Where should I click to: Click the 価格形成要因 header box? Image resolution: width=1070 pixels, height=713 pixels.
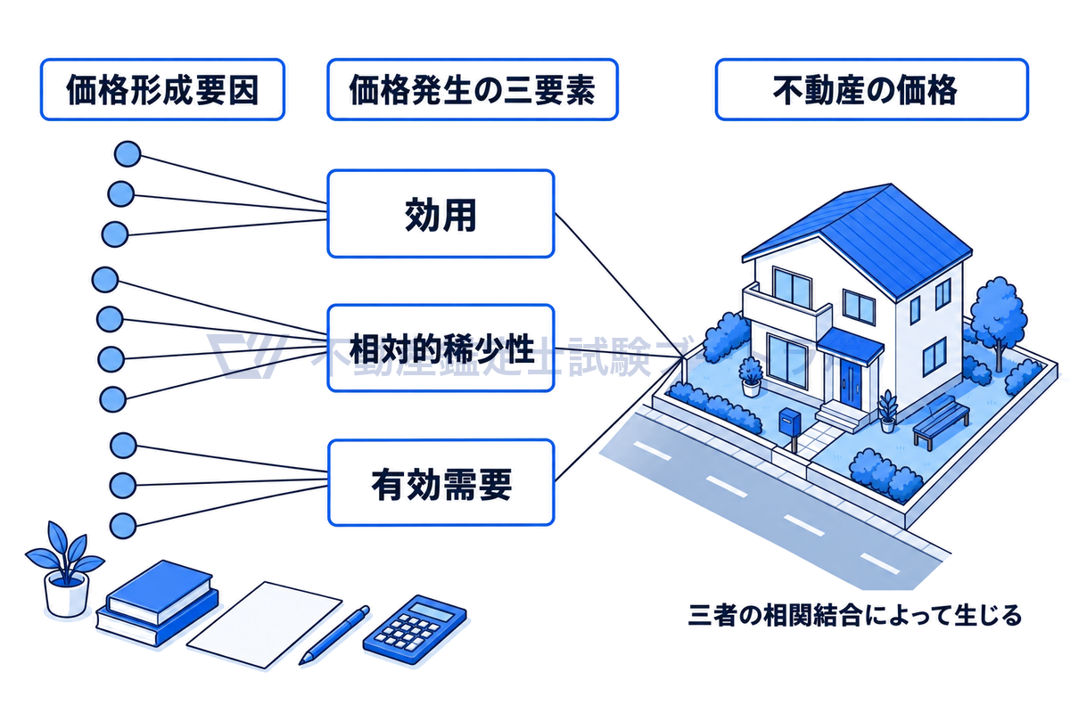point(162,89)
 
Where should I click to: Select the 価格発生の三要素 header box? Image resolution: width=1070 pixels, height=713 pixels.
point(473,89)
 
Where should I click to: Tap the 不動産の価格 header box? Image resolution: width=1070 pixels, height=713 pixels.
point(871,89)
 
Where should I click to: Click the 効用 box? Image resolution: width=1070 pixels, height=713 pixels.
point(440,214)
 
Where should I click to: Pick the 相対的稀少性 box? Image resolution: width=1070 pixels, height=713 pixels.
point(440,348)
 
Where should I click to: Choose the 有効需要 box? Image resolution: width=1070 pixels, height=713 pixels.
point(440,483)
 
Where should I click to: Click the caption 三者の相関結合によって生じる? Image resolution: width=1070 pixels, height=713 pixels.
point(854,615)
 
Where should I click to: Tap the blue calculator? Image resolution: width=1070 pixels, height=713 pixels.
point(415,629)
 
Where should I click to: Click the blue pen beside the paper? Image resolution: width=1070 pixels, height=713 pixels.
point(333,635)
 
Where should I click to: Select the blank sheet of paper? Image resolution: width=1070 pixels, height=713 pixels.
point(264,624)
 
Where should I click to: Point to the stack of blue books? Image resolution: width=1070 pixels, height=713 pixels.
point(157,604)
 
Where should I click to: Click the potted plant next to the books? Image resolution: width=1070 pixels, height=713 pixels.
point(64,570)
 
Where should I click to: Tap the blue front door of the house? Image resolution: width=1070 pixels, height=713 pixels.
point(851,383)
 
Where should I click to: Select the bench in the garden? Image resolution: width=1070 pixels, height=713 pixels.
point(941,421)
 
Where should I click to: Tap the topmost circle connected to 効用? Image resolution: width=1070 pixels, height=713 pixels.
point(128,154)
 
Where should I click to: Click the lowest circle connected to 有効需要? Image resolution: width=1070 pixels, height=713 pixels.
point(123,526)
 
